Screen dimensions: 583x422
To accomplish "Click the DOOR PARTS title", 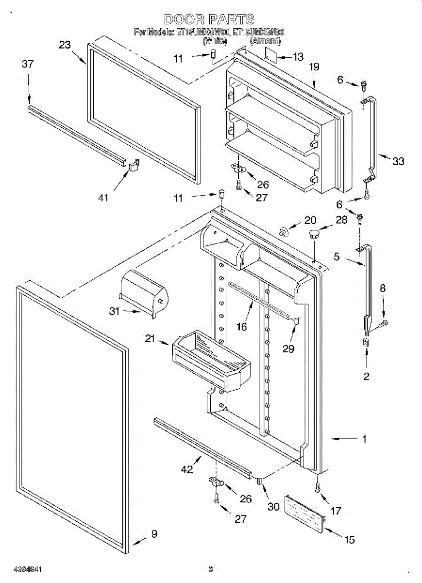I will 209,19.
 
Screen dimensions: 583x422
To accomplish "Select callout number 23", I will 65,45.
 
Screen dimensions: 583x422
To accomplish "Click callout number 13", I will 298,57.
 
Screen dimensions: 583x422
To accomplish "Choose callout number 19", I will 314,67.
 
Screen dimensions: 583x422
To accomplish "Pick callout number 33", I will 398,161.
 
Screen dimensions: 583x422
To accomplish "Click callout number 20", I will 310,220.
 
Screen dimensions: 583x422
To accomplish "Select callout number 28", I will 341,220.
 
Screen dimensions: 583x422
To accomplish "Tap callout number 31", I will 114,311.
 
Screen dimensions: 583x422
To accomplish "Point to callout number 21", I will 150,338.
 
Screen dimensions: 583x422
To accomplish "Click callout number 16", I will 242,326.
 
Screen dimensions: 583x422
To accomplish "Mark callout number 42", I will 186,469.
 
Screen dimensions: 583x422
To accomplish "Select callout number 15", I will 349,539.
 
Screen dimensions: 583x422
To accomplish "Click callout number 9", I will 154,534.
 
